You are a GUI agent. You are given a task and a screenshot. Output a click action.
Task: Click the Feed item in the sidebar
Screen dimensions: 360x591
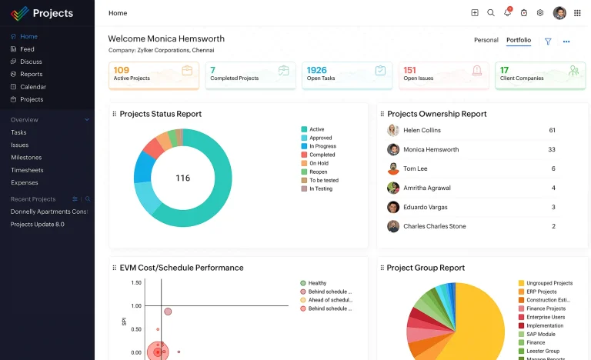click(x=27, y=49)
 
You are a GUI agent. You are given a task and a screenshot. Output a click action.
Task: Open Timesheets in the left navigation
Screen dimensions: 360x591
click(x=27, y=170)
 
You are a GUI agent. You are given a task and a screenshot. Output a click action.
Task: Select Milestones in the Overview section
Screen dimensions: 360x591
click(x=26, y=157)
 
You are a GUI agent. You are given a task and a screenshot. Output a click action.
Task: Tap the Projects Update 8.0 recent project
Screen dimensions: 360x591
click(x=37, y=225)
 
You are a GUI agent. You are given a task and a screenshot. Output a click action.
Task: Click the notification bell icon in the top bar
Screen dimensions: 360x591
click(x=507, y=13)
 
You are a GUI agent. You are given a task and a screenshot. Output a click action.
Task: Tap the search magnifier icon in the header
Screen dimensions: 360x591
click(x=491, y=13)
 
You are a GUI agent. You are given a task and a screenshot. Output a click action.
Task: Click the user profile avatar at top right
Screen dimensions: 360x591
click(x=559, y=13)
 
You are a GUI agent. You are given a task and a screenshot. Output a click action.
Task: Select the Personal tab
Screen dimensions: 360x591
click(x=486, y=40)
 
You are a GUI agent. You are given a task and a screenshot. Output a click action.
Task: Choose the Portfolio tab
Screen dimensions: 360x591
click(x=518, y=40)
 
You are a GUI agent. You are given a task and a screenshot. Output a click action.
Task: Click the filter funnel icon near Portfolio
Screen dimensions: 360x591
click(x=548, y=42)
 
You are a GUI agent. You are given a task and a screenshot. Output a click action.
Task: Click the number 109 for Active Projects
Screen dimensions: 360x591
click(x=121, y=70)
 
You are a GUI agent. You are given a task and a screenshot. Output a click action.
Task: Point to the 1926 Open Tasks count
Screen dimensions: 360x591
click(x=316, y=70)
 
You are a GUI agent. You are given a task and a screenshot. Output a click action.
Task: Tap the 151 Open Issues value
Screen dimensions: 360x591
click(x=409, y=70)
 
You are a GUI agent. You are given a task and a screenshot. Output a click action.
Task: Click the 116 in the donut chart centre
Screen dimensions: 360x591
click(x=182, y=178)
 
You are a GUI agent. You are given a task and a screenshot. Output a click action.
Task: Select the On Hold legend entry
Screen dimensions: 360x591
click(x=319, y=163)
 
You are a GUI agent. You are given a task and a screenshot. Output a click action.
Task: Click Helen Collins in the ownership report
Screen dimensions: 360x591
click(x=422, y=131)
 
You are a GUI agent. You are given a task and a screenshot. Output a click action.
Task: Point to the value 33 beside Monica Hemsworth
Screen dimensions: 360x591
click(x=552, y=149)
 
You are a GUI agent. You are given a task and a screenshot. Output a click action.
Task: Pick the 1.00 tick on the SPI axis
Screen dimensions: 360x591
click(x=136, y=305)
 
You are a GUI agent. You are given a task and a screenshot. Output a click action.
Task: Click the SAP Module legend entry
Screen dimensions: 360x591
click(x=540, y=335)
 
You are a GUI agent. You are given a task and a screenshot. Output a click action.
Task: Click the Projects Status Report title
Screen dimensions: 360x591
click(x=160, y=114)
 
